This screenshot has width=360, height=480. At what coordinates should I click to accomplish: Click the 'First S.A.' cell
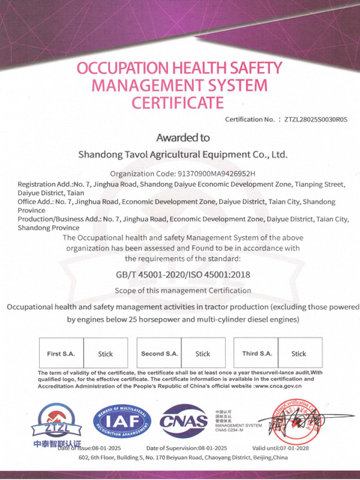61,353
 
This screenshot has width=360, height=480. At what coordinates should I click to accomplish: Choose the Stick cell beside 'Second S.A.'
203,353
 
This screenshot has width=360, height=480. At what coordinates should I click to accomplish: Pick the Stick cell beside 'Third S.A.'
298,353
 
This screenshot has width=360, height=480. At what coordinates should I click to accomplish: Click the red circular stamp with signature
300,424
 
